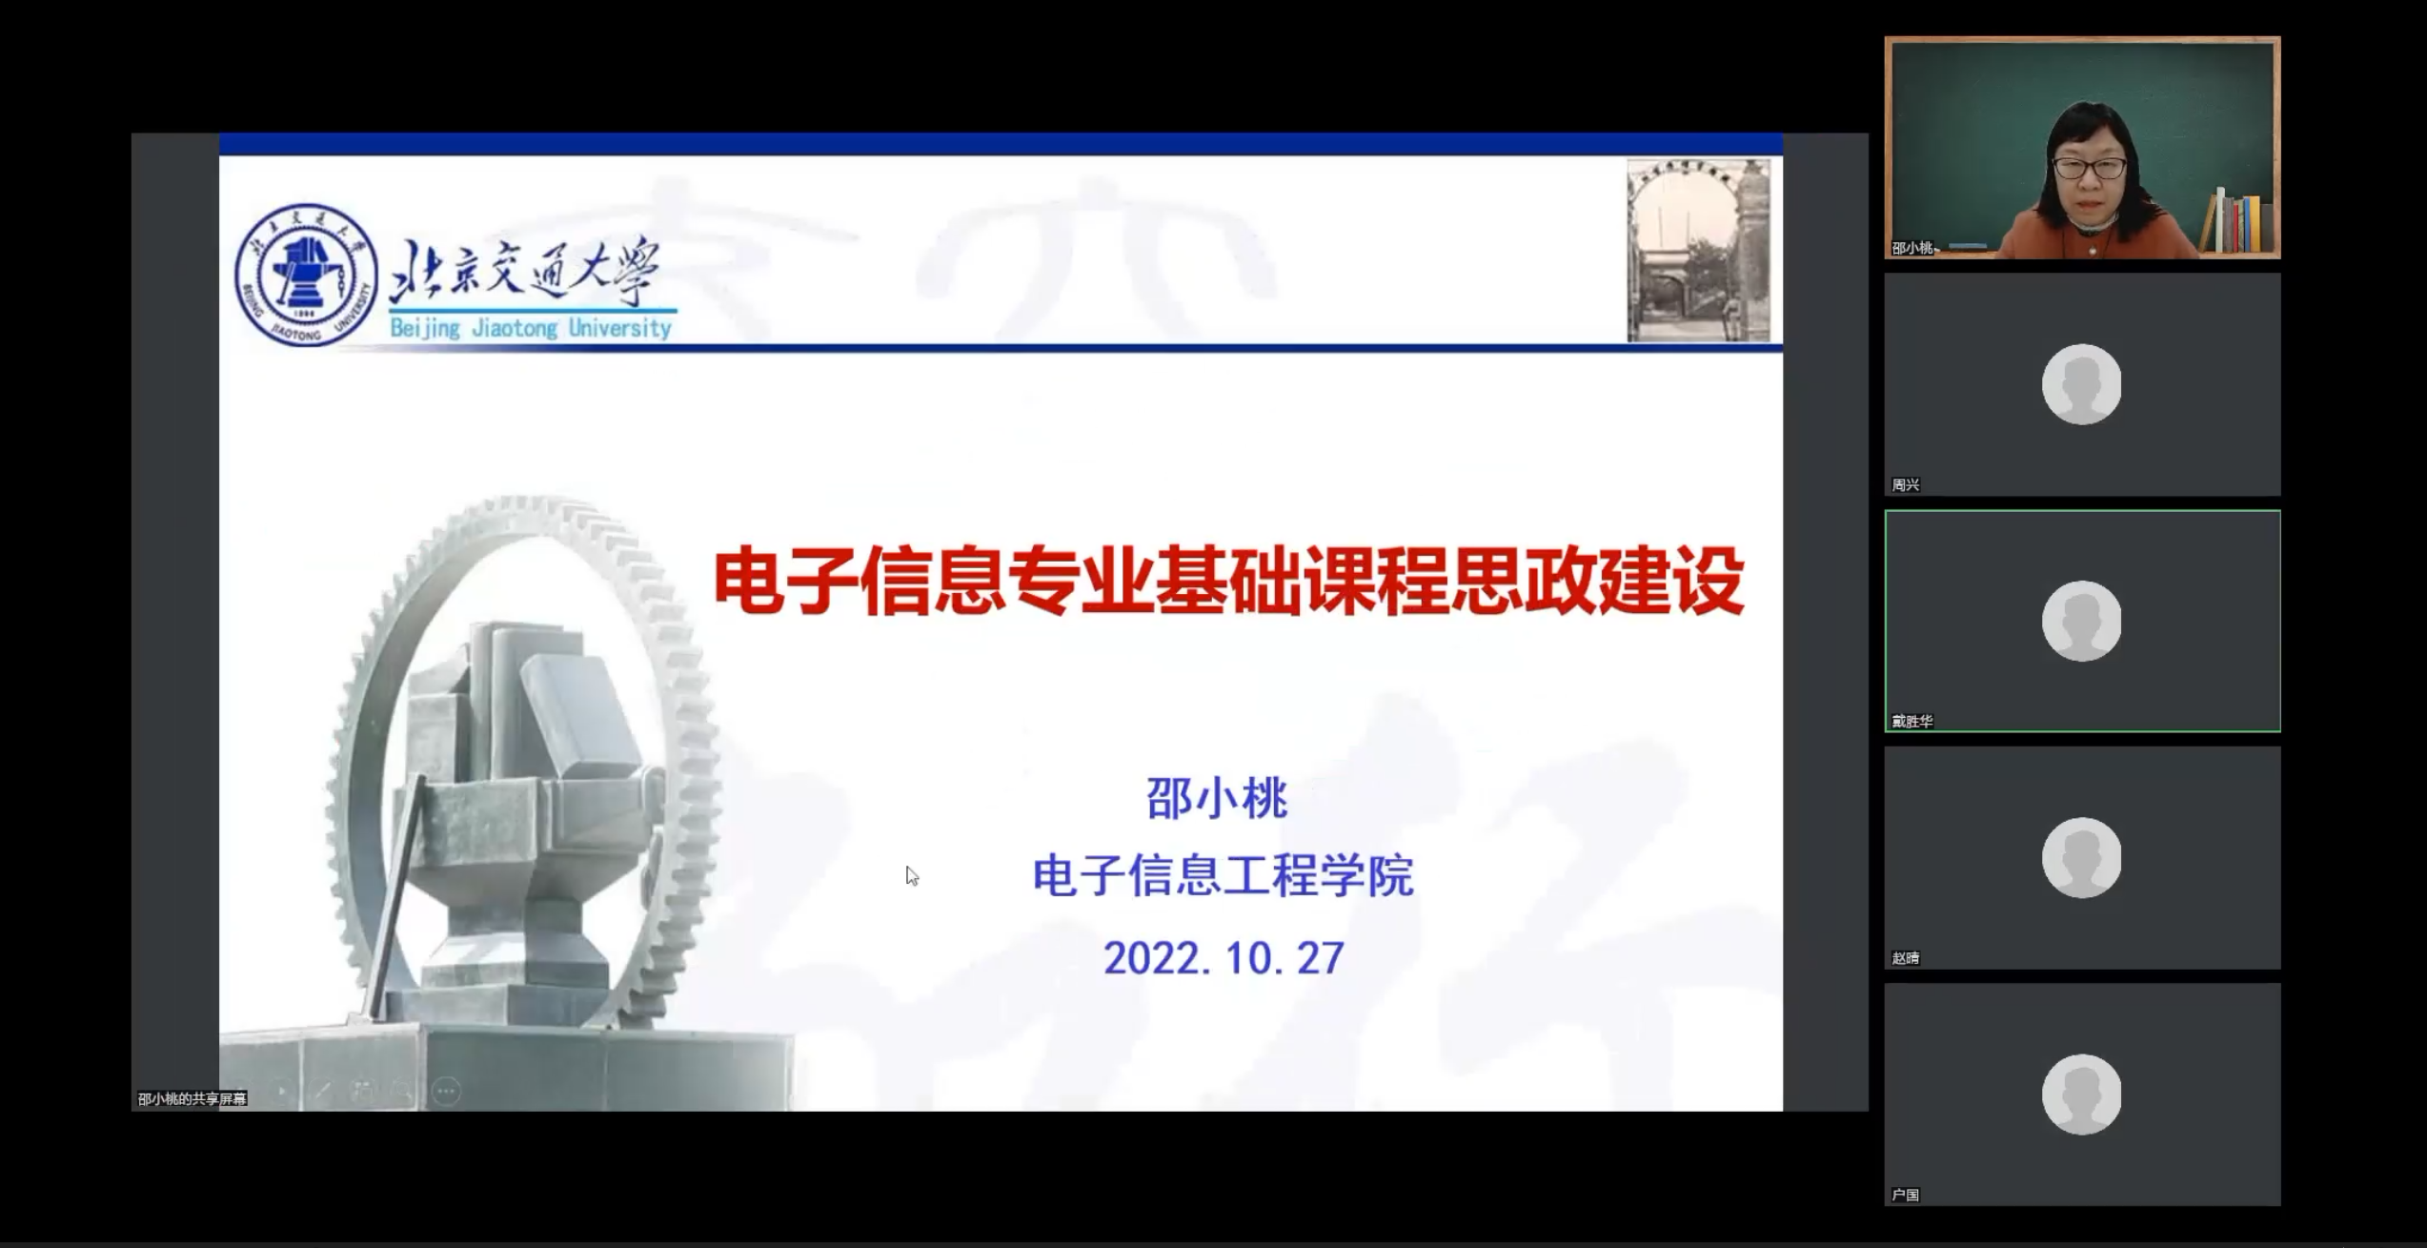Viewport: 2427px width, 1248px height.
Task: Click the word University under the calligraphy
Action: pyautogui.click(x=620, y=328)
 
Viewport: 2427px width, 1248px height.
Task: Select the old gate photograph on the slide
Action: pyautogui.click(x=1698, y=251)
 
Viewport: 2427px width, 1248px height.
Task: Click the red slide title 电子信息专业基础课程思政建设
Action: pyautogui.click(x=1228, y=581)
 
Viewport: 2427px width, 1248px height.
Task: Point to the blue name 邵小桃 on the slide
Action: pyautogui.click(x=1217, y=798)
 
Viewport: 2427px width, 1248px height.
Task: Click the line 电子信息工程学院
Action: pyautogui.click(x=1223, y=875)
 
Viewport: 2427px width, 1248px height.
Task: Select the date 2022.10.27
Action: pyautogui.click(x=1224, y=958)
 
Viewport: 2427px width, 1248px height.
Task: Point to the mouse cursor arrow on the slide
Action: pyautogui.click(x=912, y=876)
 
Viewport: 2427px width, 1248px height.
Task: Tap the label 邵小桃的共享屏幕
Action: pyautogui.click(x=192, y=1098)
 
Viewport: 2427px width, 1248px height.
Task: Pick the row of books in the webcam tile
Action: pyautogui.click(x=2235, y=221)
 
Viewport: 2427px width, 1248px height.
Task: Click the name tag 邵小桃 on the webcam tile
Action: pyautogui.click(x=1912, y=248)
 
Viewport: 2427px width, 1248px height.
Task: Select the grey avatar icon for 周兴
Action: pyautogui.click(x=2081, y=384)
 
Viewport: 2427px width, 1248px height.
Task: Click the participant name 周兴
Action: pyautogui.click(x=1905, y=485)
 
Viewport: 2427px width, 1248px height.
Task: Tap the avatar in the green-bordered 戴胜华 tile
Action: pyautogui.click(x=2081, y=621)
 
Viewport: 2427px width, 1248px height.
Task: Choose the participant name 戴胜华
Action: pyautogui.click(x=1912, y=722)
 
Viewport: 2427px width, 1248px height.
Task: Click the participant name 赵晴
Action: pyautogui.click(x=1905, y=958)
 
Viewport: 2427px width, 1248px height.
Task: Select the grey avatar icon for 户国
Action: pyautogui.click(x=2081, y=1095)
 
